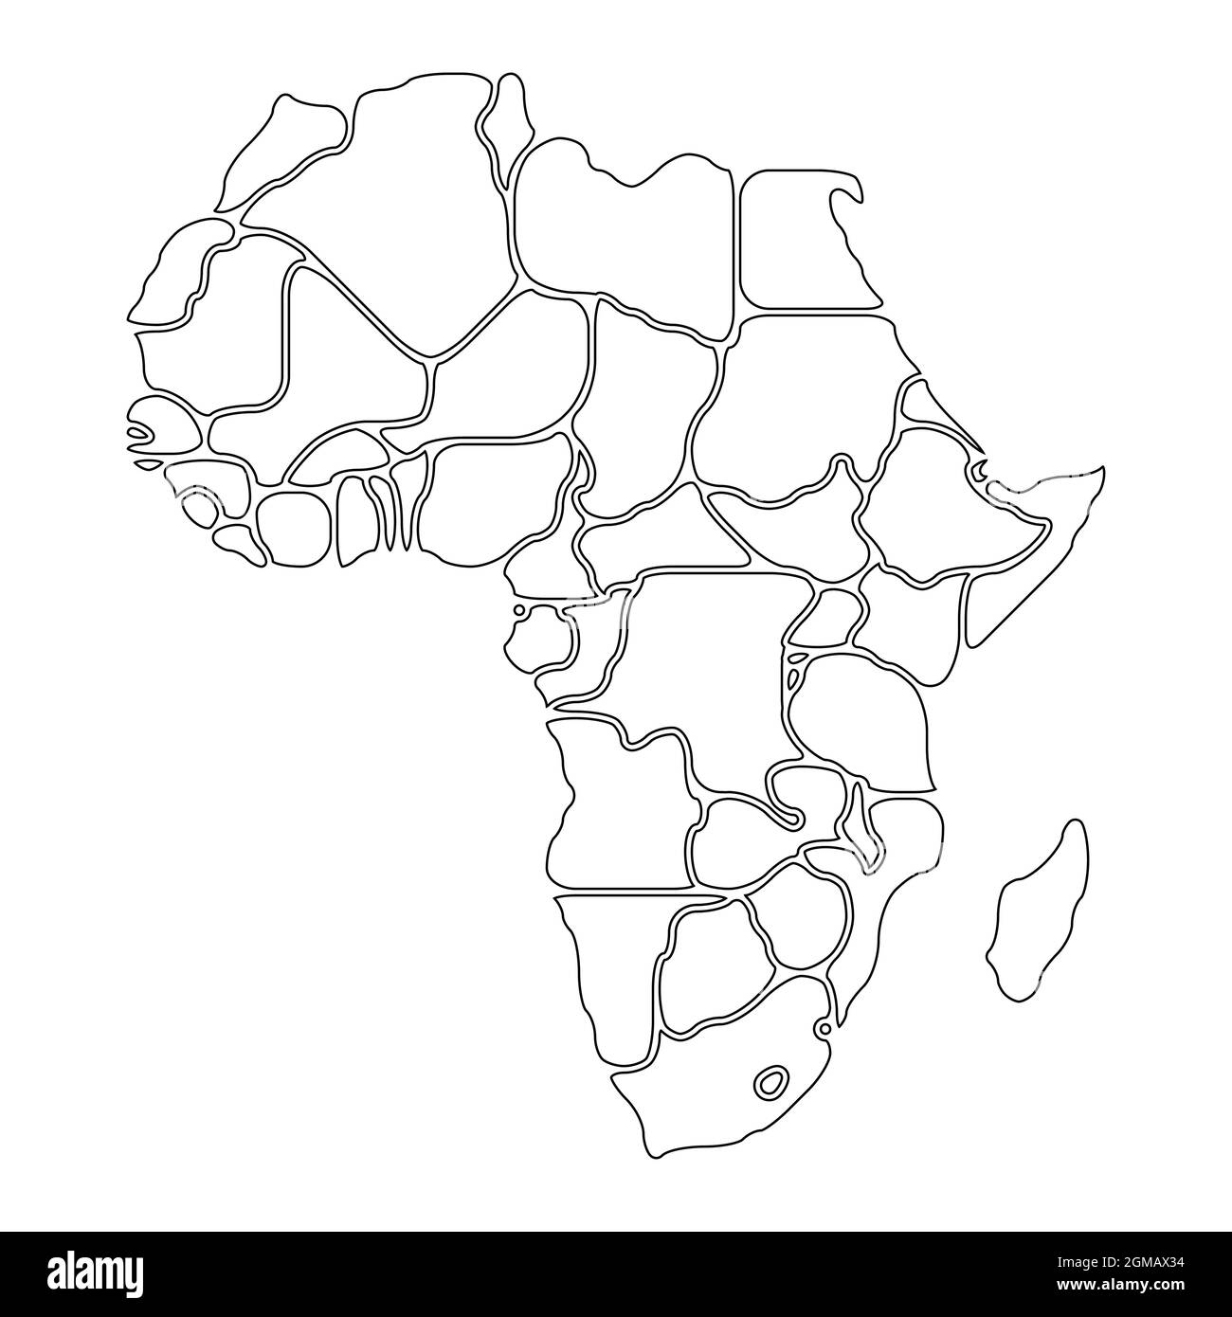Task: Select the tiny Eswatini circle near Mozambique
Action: click(x=824, y=1028)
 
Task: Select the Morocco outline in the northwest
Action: click(x=284, y=152)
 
